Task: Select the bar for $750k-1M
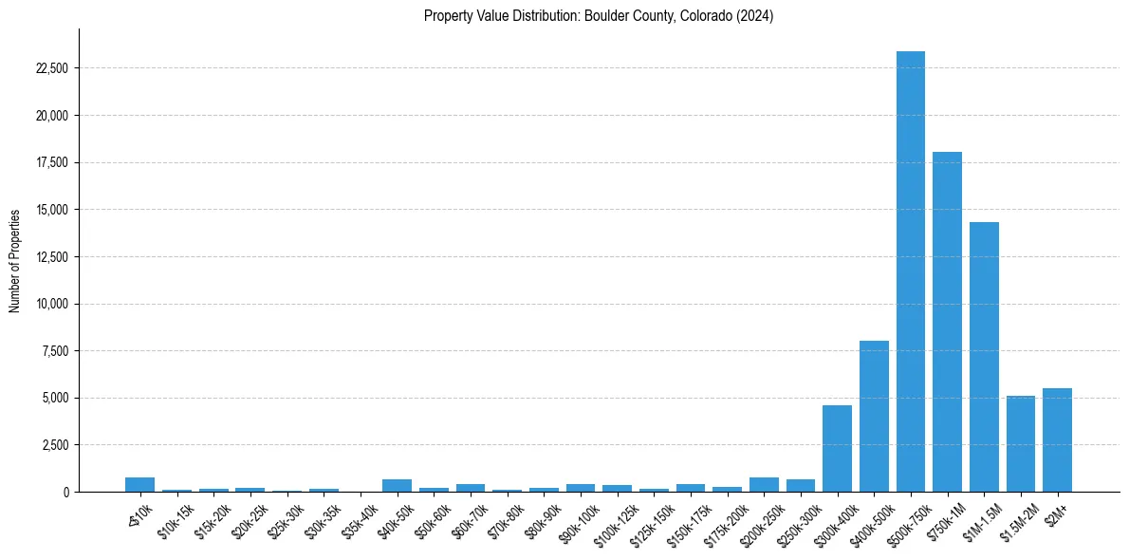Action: [947, 322]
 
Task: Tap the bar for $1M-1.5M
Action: [984, 357]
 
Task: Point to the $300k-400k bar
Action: [837, 448]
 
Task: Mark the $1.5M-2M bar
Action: [1021, 443]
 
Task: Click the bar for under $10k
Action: [139, 485]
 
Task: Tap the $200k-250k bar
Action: [764, 485]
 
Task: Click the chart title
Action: [599, 16]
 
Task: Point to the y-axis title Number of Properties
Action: [15, 260]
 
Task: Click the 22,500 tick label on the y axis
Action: [50, 68]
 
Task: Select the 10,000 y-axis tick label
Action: [50, 304]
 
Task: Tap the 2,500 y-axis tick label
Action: [53, 445]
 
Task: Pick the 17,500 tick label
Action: [50, 162]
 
